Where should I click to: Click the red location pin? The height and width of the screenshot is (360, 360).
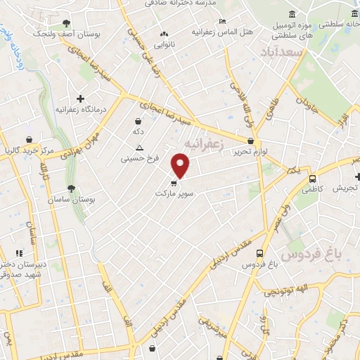[x=181, y=166]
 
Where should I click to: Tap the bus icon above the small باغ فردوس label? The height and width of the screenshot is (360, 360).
[x=260, y=253]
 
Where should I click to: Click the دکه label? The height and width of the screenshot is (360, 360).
[x=139, y=131]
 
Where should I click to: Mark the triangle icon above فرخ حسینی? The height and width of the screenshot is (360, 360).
[x=139, y=148]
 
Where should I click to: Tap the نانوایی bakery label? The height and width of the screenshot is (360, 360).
[x=165, y=44]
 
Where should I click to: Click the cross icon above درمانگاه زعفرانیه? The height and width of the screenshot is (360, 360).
[x=80, y=98]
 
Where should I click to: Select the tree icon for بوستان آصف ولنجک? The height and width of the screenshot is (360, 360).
[x=66, y=23]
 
